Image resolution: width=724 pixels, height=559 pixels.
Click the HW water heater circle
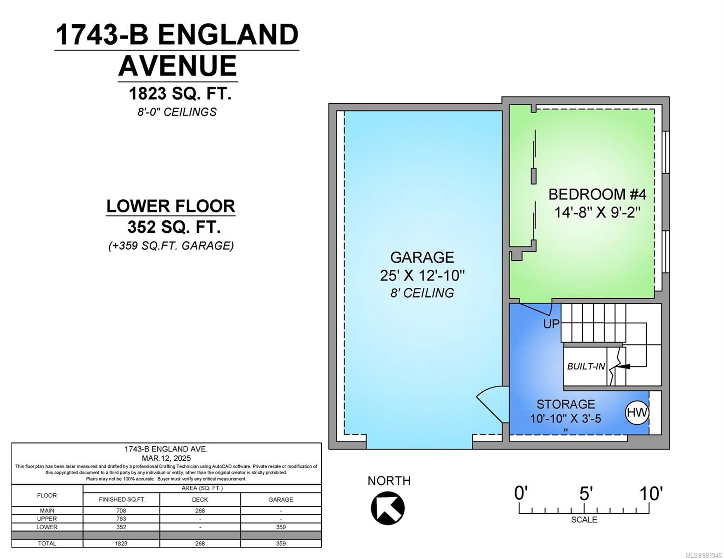pos(636,413)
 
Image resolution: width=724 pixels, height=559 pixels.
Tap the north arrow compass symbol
pos(387,508)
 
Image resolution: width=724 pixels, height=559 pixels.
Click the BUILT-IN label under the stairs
pos(586,367)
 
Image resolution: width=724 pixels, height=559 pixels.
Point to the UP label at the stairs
pos(552,324)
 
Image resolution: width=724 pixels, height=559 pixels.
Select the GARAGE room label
pos(422,257)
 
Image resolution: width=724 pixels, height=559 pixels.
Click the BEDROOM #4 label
pos(597,194)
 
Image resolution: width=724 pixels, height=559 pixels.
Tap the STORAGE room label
pos(566,404)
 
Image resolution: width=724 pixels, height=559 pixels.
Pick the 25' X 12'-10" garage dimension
pos(422,275)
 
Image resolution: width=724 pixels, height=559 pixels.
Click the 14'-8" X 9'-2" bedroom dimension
pos(598,212)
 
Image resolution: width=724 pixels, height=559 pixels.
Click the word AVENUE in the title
pos(178,66)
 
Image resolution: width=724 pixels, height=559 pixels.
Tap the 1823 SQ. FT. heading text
pos(180,94)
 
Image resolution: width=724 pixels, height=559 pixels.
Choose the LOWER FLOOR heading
pos(171,206)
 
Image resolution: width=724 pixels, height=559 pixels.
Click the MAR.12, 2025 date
pos(166,458)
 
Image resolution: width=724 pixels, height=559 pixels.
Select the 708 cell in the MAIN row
pos(121,511)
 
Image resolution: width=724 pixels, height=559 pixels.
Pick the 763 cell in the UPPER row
pos(121,519)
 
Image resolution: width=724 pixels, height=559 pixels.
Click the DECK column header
pos(200,499)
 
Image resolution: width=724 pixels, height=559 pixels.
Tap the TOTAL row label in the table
pos(47,543)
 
